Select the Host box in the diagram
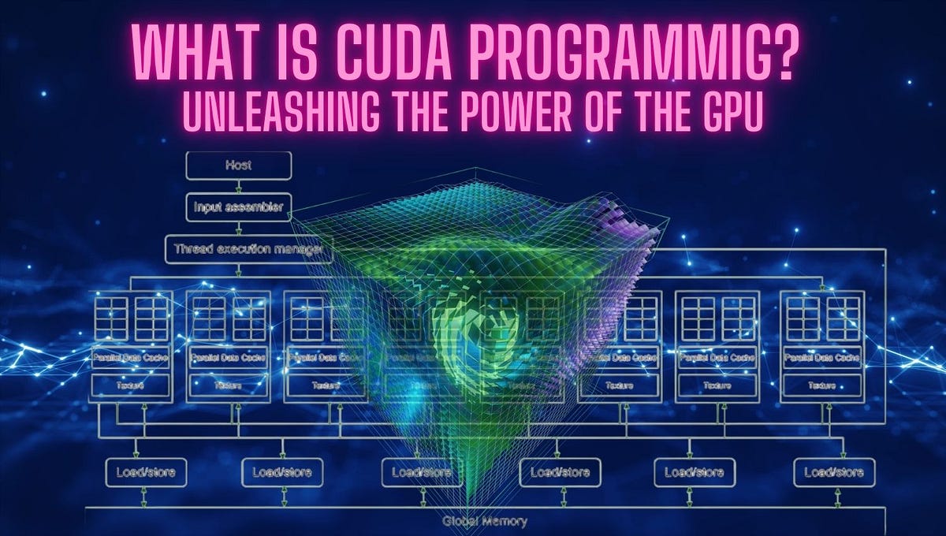tap(238, 166)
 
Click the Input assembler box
tap(238, 208)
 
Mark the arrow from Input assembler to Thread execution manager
tap(238, 229)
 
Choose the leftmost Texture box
tap(131, 385)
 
